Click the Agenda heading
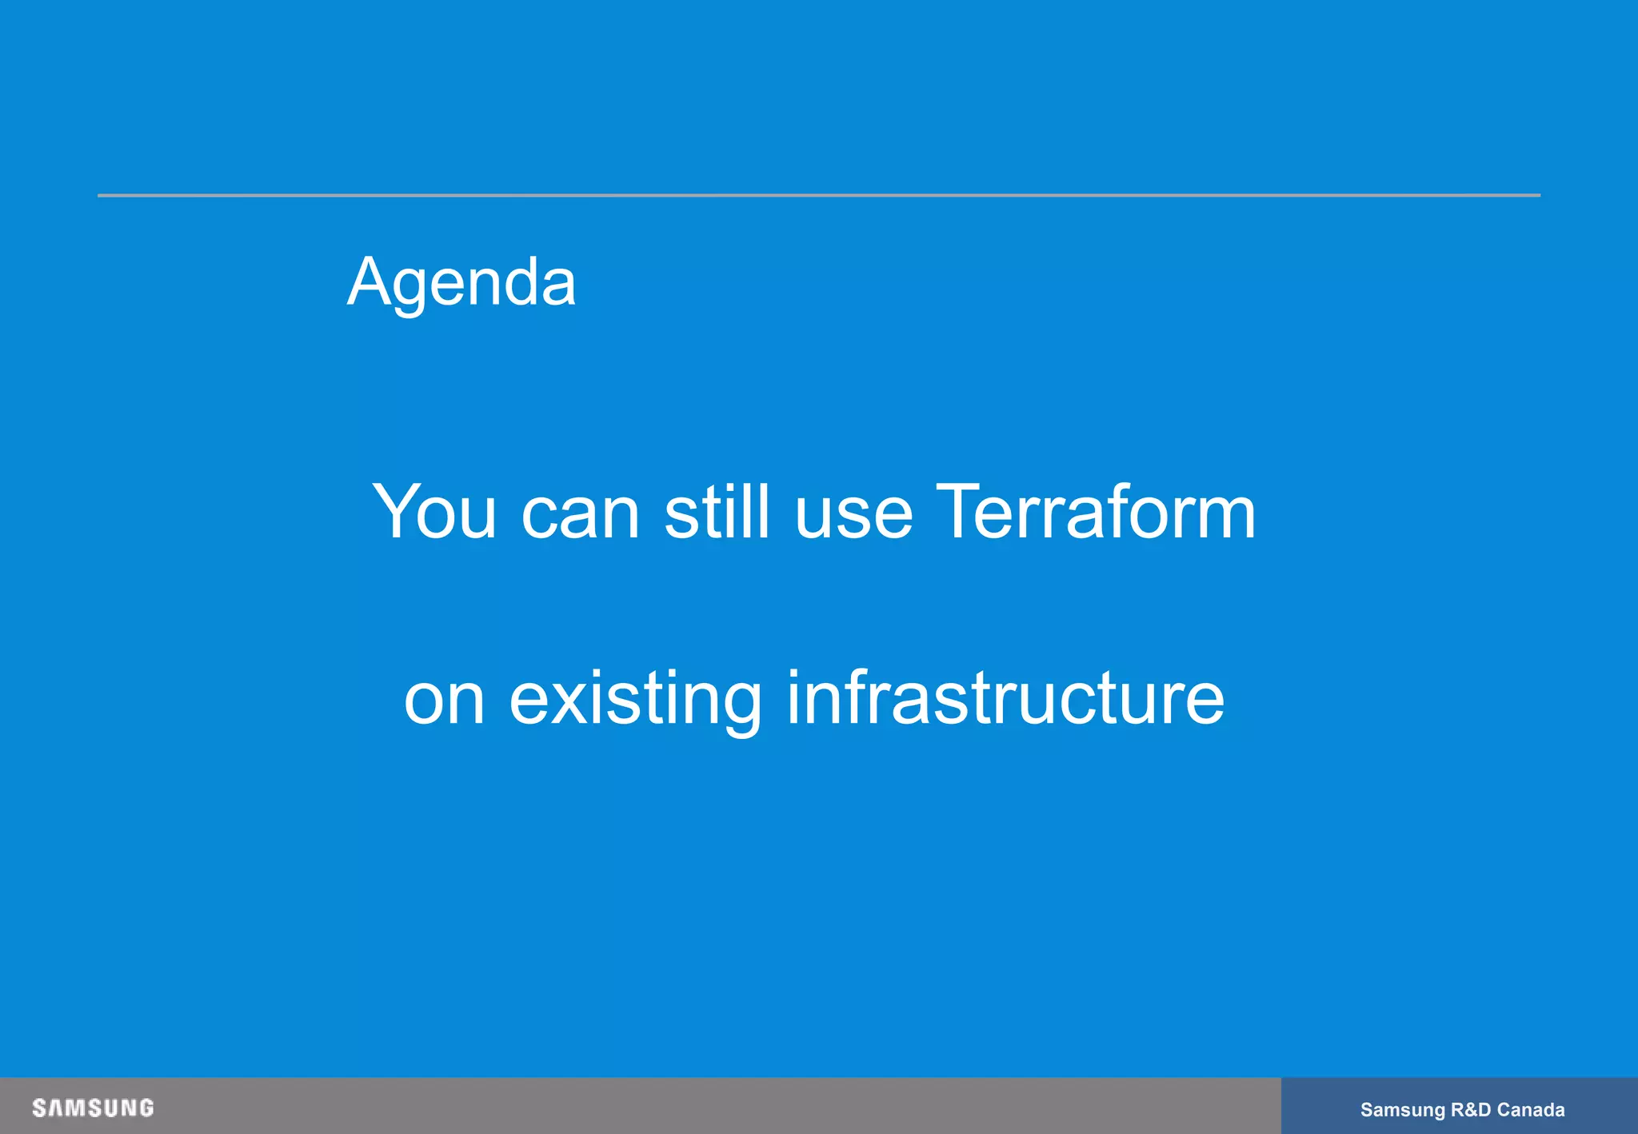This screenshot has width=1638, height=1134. click(x=461, y=282)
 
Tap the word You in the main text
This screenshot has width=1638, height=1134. click(x=433, y=512)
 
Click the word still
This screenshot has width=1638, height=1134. click(x=717, y=512)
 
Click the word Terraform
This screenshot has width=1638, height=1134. click(x=1095, y=512)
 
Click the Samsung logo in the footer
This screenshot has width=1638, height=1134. click(x=93, y=1108)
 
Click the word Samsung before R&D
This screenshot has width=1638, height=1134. click(x=1402, y=1110)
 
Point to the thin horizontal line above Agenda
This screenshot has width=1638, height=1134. click(x=819, y=195)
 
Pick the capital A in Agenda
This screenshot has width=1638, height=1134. click(x=368, y=282)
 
